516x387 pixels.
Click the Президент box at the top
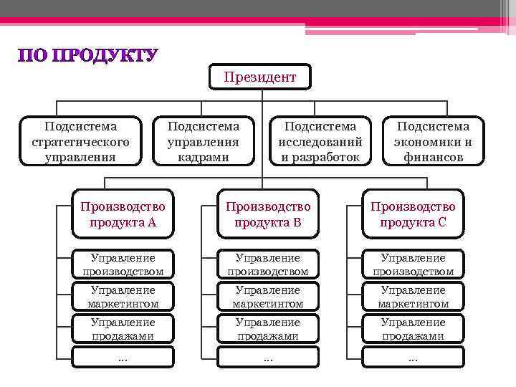coord(259,77)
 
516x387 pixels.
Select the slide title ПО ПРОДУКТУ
coord(87,56)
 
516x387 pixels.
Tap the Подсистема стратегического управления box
coord(80,141)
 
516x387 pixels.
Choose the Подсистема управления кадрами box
coord(203,141)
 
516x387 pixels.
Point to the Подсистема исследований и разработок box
coord(320,141)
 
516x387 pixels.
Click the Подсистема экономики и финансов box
coord(433,141)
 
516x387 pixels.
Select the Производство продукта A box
coord(123,214)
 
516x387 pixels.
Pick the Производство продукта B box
coord(268,214)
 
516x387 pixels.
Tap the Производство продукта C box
coord(413,214)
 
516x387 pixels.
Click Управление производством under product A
coord(123,264)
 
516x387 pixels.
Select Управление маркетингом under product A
coord(123,297)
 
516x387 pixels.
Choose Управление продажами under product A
coord(123,329)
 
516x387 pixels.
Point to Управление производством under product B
coord(268,264)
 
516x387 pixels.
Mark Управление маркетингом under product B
coord(268,297)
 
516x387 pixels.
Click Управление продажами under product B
coord(268,329)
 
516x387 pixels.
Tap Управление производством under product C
coord(413,264)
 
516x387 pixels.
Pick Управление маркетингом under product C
coord(413,297)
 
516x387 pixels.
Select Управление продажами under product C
coord(413,329)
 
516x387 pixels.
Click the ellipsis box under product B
coord(268,358)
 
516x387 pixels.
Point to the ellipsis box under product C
coord(413,358)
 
